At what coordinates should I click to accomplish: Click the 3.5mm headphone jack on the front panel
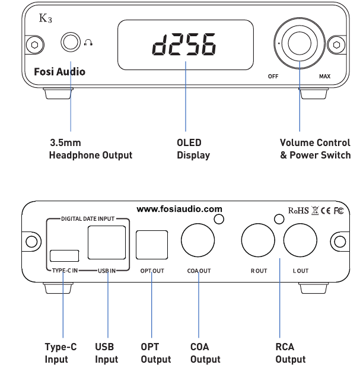point(71,43)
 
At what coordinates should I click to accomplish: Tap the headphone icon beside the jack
point(89,43)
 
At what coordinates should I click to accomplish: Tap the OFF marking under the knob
point(273,77)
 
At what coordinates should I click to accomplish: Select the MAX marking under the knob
point(324,77)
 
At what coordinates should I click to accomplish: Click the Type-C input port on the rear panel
point(64,256)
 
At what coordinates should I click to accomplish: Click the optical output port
point(151,244)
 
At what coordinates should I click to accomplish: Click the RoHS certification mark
point(298,211)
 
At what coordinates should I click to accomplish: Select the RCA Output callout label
point(290,353)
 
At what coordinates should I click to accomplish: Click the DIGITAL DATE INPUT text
point(88,219)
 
